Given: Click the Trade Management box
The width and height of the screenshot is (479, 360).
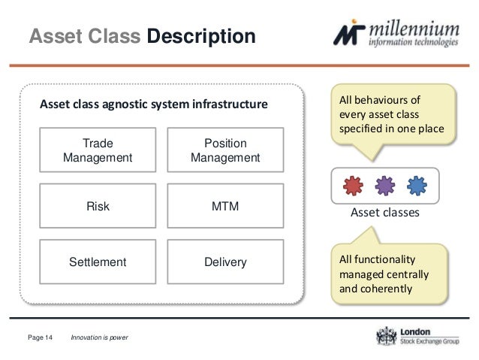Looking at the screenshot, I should [x=98, y=150].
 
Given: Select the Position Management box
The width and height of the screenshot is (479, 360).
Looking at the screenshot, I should [x=225, y=150].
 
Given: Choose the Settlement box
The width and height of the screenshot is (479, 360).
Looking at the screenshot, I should [x=98, y=262].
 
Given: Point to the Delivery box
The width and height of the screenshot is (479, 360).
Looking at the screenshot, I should [x=225, y=262].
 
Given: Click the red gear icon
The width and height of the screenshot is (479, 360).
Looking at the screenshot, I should [x=353, y=185].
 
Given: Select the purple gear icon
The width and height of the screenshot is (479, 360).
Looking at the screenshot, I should [x=384, y=185].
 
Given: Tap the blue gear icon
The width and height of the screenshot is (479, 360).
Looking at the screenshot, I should [x=416, y=185].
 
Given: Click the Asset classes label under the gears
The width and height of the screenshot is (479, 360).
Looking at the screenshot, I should [x=384, y=213].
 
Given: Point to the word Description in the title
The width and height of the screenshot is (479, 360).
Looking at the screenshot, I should [x=200, y=36].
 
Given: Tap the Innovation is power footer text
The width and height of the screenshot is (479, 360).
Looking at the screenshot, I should [x=99, y=337].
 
